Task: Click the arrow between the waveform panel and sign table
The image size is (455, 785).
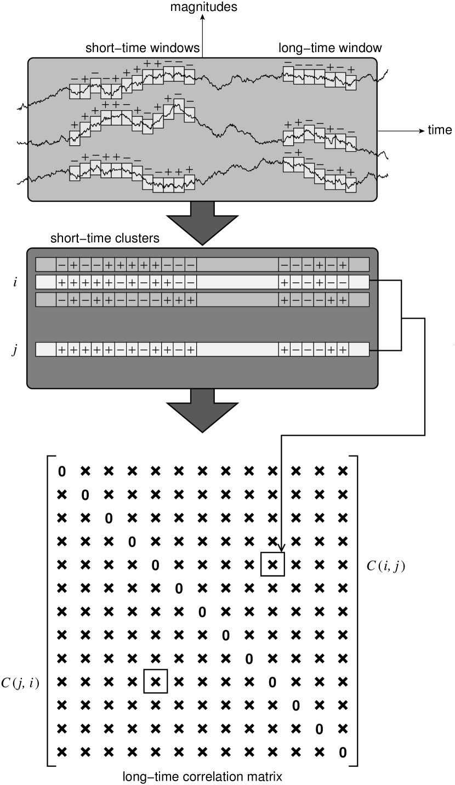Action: tap(202, 223)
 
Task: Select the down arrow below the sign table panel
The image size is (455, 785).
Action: tap(202, 410)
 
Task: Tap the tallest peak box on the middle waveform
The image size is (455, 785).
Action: tap(179, 106)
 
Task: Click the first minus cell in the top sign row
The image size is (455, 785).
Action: tap(61, 265)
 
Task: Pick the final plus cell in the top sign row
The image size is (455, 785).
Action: tap(343, 265)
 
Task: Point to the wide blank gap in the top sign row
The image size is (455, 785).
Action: tap(237, 265)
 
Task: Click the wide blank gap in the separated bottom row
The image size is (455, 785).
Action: tap(237, 349)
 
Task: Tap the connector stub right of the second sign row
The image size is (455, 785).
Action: tap(373, 280)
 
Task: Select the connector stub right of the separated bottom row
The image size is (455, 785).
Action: tap(373, 350)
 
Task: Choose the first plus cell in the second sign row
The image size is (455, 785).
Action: tap(61, 282)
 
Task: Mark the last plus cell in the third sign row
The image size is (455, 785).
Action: tap(343, 300)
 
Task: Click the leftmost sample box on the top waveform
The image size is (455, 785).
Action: tap(75, 91)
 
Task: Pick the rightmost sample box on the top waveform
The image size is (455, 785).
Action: tap(351, 82)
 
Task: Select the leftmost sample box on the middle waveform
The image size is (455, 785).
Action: tap(75, 138)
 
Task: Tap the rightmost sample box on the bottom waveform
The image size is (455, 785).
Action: tap(351, 185)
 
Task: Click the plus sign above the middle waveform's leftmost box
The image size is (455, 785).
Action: tap(75, 125)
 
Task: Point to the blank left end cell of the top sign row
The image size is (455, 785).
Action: tap(46, 265)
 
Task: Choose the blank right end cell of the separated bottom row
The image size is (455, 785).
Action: tap(359, 349)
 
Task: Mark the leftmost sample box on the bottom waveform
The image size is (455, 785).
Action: tap(75, 173)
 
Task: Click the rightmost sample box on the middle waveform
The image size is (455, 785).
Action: tap(351, 144)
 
